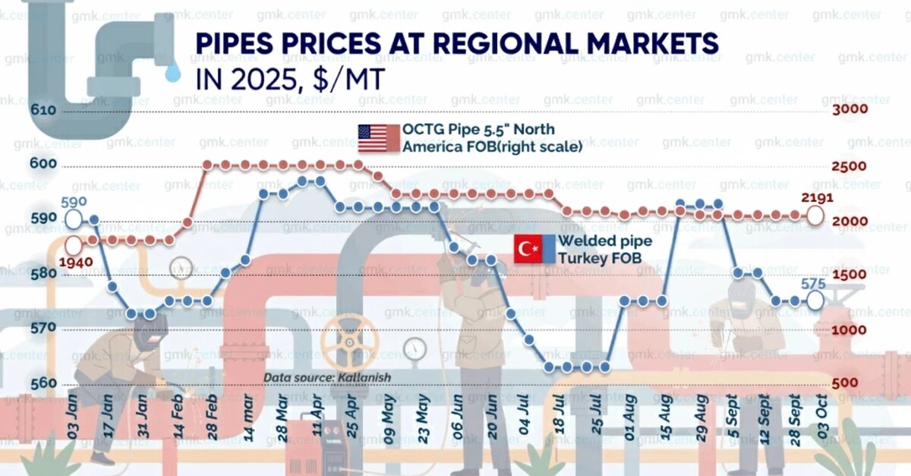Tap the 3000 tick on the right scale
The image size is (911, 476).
pos(850,111)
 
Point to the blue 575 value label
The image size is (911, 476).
pos(815,283)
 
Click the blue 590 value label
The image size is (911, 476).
pos(74,203)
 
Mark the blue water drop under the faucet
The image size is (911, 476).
pos(174,72)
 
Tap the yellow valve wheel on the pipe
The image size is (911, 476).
pos(348,340)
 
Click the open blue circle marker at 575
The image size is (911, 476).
pos(815,301)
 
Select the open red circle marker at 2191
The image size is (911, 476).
pos(815,216)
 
